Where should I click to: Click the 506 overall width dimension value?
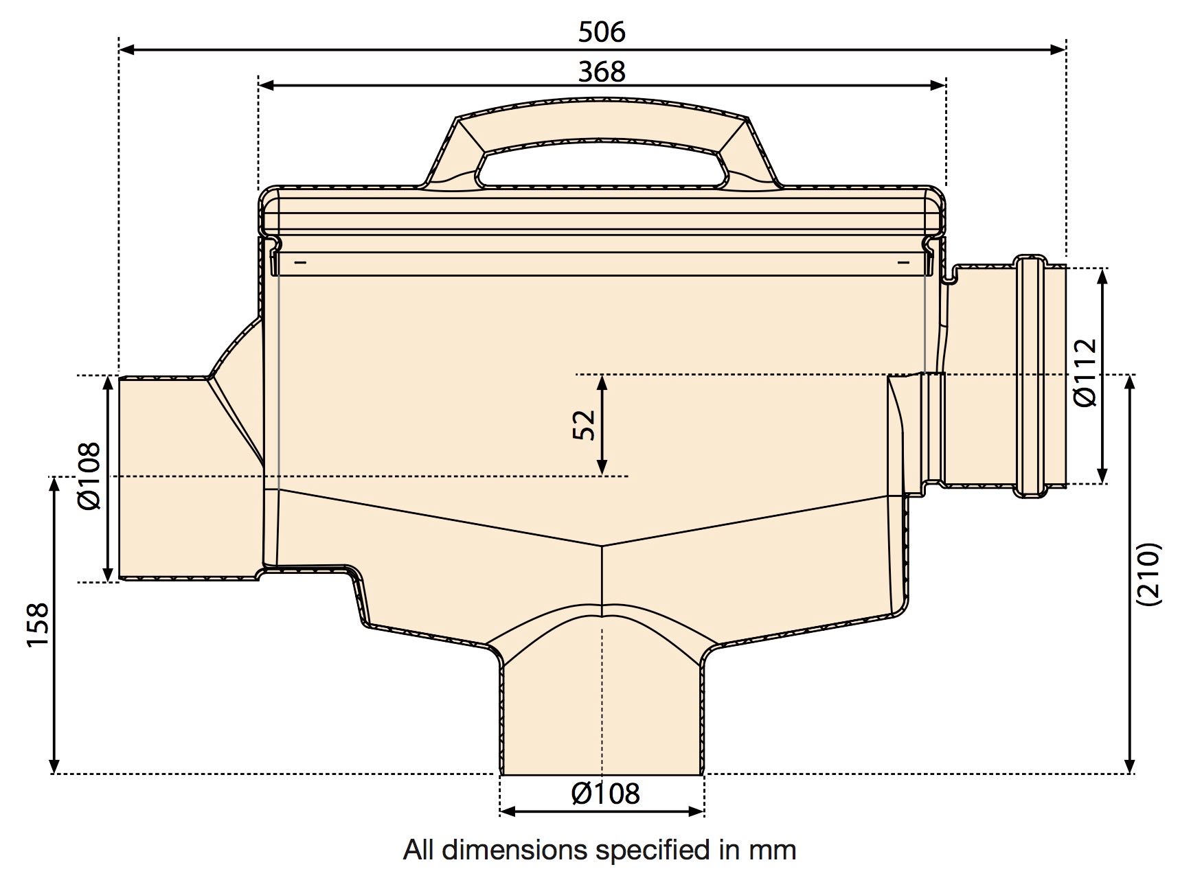coord(602,32)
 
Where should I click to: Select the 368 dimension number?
coord(602,71)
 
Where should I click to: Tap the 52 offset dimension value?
coord(584,425)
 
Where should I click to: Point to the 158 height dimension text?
coord(38,624)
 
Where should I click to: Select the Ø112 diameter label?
coord(1085,373)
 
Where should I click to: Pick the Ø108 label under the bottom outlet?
coord(605,794)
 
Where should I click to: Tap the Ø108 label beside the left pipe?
coord(89,476)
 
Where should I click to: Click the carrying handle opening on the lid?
coord(602,167)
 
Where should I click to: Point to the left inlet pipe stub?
coord(165,478)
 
